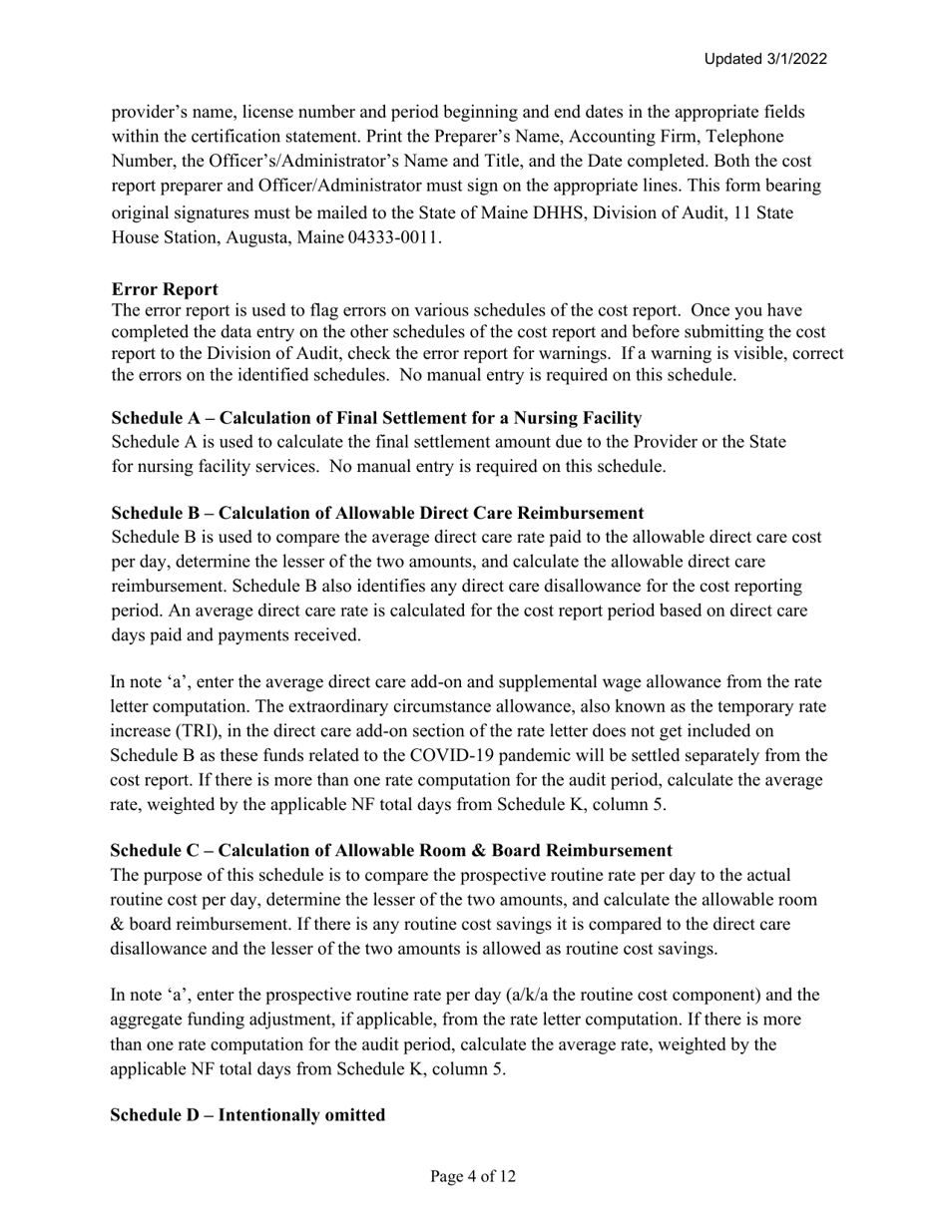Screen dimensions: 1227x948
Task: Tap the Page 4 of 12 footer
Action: [x=473, y=1177]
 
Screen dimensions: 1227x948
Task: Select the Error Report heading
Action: [x=165, y=289]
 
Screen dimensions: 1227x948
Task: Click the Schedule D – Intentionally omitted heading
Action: [x=247, y=1115]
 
